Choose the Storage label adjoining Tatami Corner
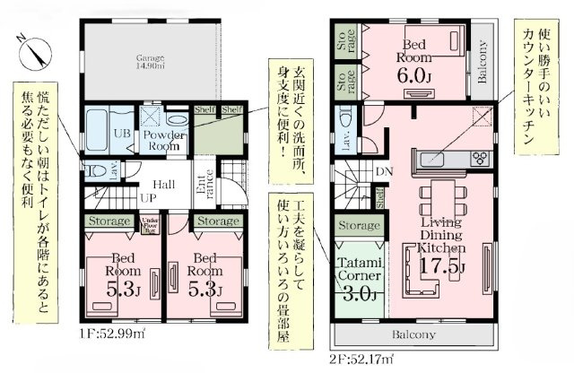pos(357,226)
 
